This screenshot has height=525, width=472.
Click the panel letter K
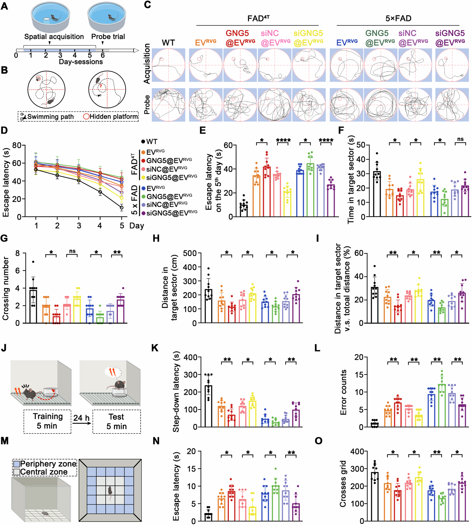[x=155, y=348]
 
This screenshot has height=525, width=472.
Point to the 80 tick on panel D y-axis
[x=16, y=145]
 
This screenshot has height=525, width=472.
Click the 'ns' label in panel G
[x=72, y=251]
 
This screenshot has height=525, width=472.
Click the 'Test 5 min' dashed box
[x=116, y=422]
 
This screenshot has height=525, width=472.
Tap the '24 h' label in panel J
[x=81, y=418]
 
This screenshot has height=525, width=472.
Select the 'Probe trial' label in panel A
[x=108, y=37]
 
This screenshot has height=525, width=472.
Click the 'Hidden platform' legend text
[x=114, y=117]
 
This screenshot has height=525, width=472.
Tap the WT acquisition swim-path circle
[x=168, y=65]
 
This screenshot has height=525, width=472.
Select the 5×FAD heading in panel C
[x=398, y=18]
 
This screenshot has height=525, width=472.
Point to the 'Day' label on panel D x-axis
[x=136, y=225]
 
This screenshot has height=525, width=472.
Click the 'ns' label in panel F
[x=460, y=139]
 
